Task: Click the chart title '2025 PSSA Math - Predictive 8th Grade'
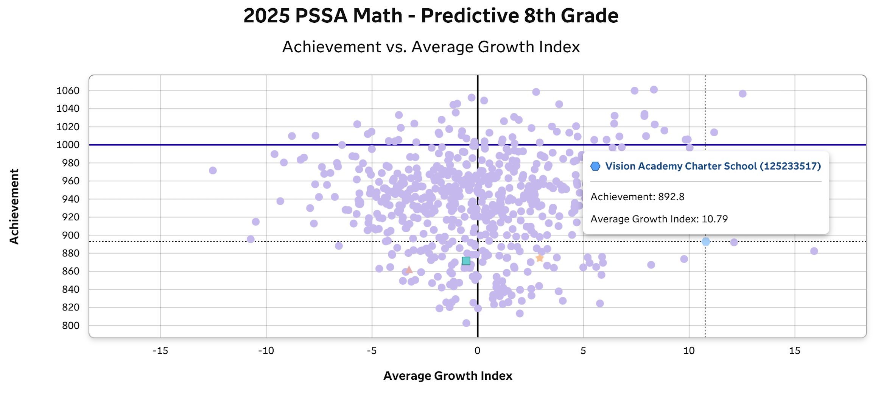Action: pyautogui.click(x=431, y=16)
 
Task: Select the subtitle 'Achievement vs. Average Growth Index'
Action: pyautogui.click(x=431, y=47)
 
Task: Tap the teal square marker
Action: pyautogui.click(x=466, y=261)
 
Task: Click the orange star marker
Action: pyautogui.click(x=540, y=258)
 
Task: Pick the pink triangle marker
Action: pyautogui.click(x=409, y=270)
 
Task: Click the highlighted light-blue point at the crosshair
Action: pyautogui.click(x=706, y=242)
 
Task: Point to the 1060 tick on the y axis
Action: pyautogui.click(x=68, y=91)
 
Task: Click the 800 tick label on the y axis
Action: pyautogui.click(x=70, y=326)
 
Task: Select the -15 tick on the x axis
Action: pyautogui.click(x=160, y=351)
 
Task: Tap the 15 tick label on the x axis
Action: pyautogui.click(x=794, y=351)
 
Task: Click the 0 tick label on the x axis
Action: pyautogui.click(x=477, y=351)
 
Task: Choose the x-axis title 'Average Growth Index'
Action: pyautogui.click(x=448, y=376)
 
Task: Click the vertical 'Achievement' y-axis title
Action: pyautogui.click(x=14, y=206)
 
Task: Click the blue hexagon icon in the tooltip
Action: pyautogui.click(x=595, y=166)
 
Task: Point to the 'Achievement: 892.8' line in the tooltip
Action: pyautogui.click(x=637, y=197)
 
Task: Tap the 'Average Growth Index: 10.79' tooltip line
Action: pyautogui.click(x=659, y=219)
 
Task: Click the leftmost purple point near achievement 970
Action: pyautogui.click(x=213, y=170)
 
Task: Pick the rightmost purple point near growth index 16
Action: pyautogui.click(x=814, y=251)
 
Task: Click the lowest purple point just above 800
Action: pyautogui.click(x=466, y=323)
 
